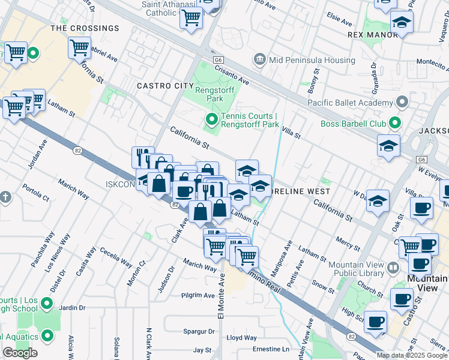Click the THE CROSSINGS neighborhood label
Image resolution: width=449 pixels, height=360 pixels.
click(x=85, y=28)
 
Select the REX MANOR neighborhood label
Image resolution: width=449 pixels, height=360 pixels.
click(x=372, y=35)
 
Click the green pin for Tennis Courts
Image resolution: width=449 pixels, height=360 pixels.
click(x=211, y=120)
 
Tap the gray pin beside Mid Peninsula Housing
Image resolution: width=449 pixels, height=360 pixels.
click(x=260, y=59)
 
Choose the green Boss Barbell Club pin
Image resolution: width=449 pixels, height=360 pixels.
click(x=394, y=124)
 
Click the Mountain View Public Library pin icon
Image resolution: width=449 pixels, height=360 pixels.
click(x=393, y=267)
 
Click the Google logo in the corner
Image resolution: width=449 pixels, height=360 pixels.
click(x=20, y=353)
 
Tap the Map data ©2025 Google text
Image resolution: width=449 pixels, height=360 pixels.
click(x=412, y=355)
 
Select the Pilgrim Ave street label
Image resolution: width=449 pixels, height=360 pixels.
click(x=197, y=296)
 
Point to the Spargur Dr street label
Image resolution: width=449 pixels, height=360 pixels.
click(x=198, y=331)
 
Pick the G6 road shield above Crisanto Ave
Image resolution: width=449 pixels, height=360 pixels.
click(x=218, y=61)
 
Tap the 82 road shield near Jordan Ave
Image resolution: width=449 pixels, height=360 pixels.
click(x=77, y=151)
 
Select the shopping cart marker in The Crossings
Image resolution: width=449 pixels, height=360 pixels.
click(x=79, y=47)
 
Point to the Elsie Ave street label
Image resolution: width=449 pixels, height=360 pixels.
click(x=340, y=20)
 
